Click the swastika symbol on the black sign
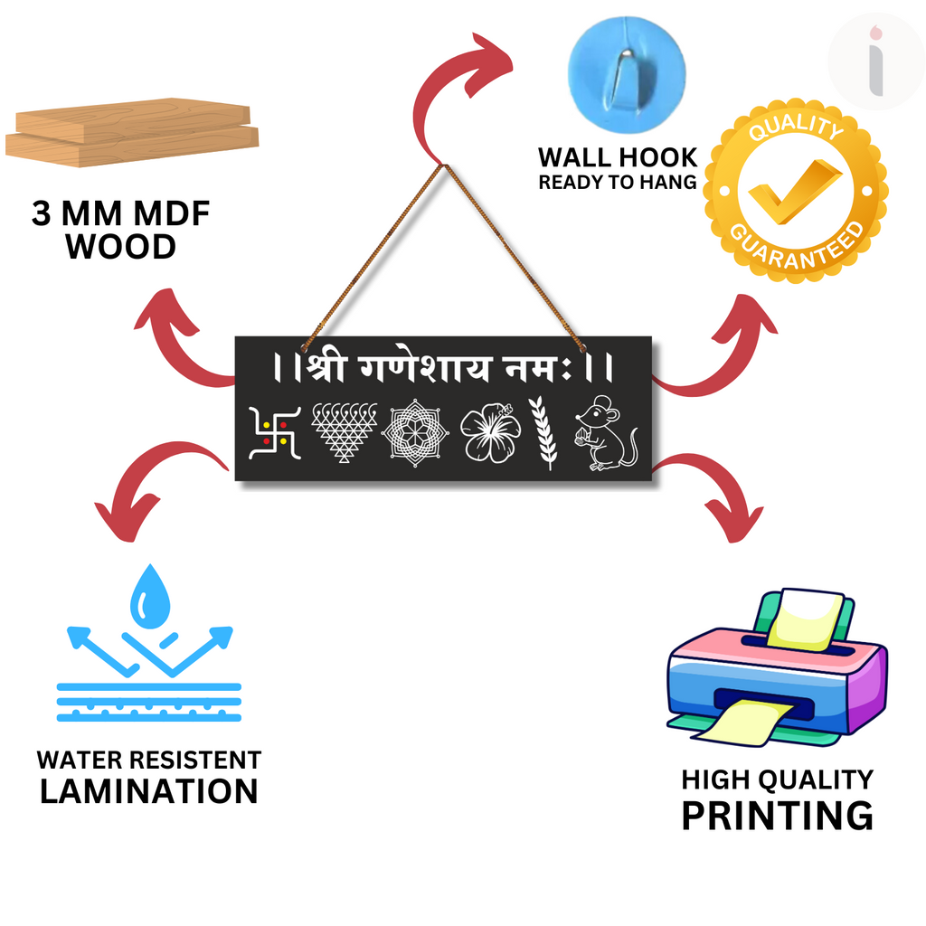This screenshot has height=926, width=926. click(x=275, y=433)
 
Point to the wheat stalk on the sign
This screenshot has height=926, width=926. click(x=543, y=433)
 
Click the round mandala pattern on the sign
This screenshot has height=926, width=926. click(x=415, y=433)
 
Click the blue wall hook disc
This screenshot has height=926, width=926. click(x=627, y=74)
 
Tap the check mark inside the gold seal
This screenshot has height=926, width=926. click(x=795, y=192)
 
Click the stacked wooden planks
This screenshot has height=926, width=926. click(x=132, y=132)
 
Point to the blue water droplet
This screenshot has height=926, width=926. click(x=150, y=597)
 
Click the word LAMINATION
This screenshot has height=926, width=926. click(x=149, y=791)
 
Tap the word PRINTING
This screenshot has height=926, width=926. click(x=777, y=816)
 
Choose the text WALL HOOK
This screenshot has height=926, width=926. click(x=618, y=157)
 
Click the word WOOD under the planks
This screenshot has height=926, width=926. click(x=120, y=246)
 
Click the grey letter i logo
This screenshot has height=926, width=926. click(x=876, y=61)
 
